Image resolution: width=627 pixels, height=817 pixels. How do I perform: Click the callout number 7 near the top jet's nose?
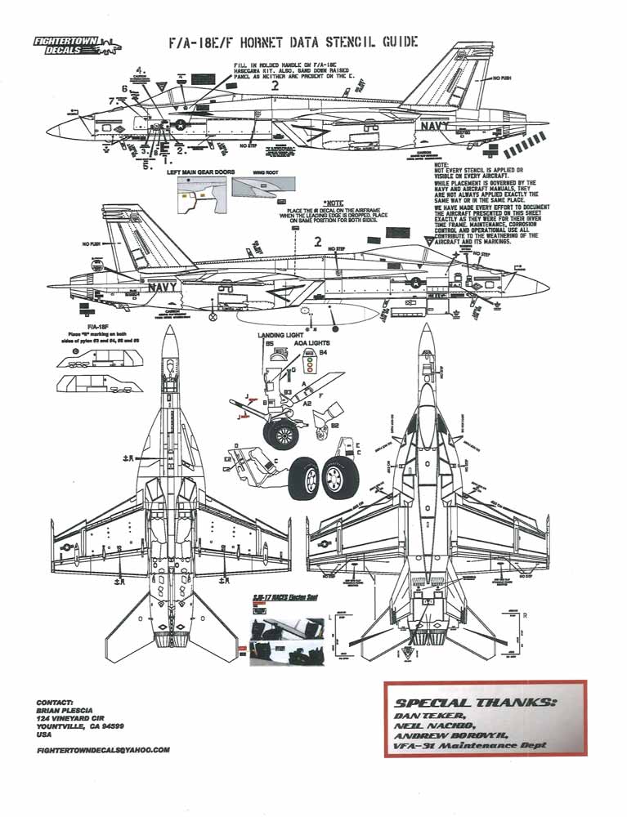[110, 100]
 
